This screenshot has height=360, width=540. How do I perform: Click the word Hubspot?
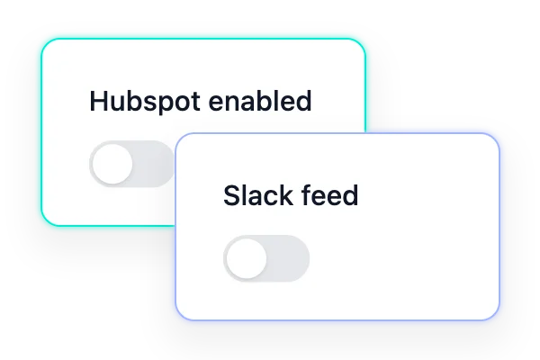[x=145, y=102]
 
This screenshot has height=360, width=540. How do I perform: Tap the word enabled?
[x=260, y=101]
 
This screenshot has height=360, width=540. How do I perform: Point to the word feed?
[x=330, y=195]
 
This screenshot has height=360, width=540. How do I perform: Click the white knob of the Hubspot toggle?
[x=112, y=164]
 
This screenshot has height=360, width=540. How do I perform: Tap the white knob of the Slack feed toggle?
[x=247, y=258]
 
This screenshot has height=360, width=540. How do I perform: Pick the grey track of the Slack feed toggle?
[x=288, y=258]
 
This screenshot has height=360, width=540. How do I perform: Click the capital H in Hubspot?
[x=98, y=101]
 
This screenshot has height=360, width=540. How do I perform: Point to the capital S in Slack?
[x=232, y=195]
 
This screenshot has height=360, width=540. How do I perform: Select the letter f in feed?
[x=307, y=194]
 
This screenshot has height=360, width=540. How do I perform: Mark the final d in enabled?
[x=303, y=101]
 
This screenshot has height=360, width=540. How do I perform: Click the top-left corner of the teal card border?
[x=41, y=39]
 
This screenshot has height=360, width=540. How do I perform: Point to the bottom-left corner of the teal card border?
[x=41, y=226]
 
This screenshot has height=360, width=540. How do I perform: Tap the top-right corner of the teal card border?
[x=365, y=39]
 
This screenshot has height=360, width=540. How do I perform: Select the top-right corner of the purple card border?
[x=499, y=134]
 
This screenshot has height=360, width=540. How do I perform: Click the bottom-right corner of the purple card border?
[x=499, y=320]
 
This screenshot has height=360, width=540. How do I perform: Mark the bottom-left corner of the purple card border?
[x=175, y=320]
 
